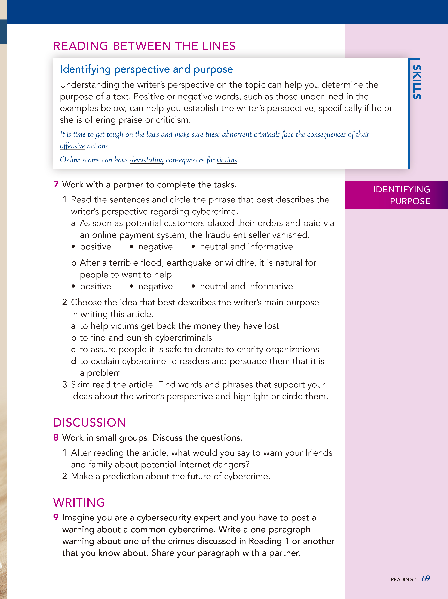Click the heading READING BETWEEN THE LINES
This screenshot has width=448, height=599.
(144, 46)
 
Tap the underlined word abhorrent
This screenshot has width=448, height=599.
(237, 134)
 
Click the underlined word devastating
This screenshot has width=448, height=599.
(146, 160)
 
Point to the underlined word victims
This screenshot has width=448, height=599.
(227, 160)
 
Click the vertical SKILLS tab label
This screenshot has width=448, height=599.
(417, 82)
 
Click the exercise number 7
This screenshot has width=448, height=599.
(56, 184)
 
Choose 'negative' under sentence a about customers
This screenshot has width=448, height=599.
(155, 247)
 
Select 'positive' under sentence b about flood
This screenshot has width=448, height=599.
(95, 286)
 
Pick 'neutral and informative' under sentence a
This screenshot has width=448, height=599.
(246, 247)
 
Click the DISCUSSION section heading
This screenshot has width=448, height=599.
(90, 423)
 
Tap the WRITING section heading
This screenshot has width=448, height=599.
(79, 503)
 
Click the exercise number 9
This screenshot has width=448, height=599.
(56, 517)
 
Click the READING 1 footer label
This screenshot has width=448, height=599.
(403, 579)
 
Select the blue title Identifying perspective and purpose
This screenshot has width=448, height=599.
(146, 69)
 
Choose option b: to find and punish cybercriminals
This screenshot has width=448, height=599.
(146, 338)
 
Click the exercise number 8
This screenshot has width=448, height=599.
(56, 438)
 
